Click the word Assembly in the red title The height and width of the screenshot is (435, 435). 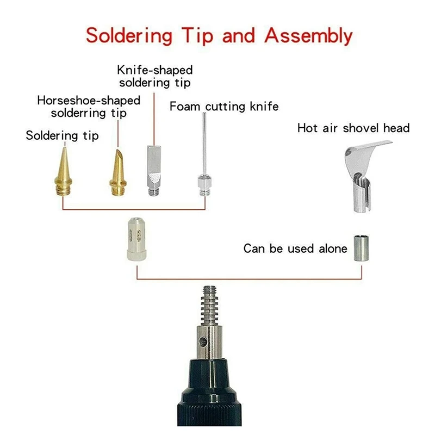coord(308,36)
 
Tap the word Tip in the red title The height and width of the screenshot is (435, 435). coord(197,36)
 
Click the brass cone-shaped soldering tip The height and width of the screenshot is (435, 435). coord(64,171)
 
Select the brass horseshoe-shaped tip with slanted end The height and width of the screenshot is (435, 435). coord(118,172)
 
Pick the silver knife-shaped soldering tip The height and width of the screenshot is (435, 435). coord(154,170)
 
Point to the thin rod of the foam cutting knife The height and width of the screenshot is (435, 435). coord(204,144)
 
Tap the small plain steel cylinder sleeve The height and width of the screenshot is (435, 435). coord(361,248)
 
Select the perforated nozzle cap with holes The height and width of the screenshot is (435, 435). coord(136,239)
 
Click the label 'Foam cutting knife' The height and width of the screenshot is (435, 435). coord(224,107)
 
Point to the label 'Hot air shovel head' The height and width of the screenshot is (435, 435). coord(353,128)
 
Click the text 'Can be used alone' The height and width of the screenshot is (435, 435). coord(295,248)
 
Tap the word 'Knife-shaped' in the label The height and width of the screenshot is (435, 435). coord(155,70)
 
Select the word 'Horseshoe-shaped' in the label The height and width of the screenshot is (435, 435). coord(89,101)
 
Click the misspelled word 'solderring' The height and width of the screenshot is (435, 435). coord(78,114)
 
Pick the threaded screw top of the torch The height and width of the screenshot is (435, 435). coord(210,306)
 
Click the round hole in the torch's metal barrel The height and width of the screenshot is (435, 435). coord(203,341)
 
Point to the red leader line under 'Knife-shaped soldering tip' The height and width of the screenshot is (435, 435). coord(154,119)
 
